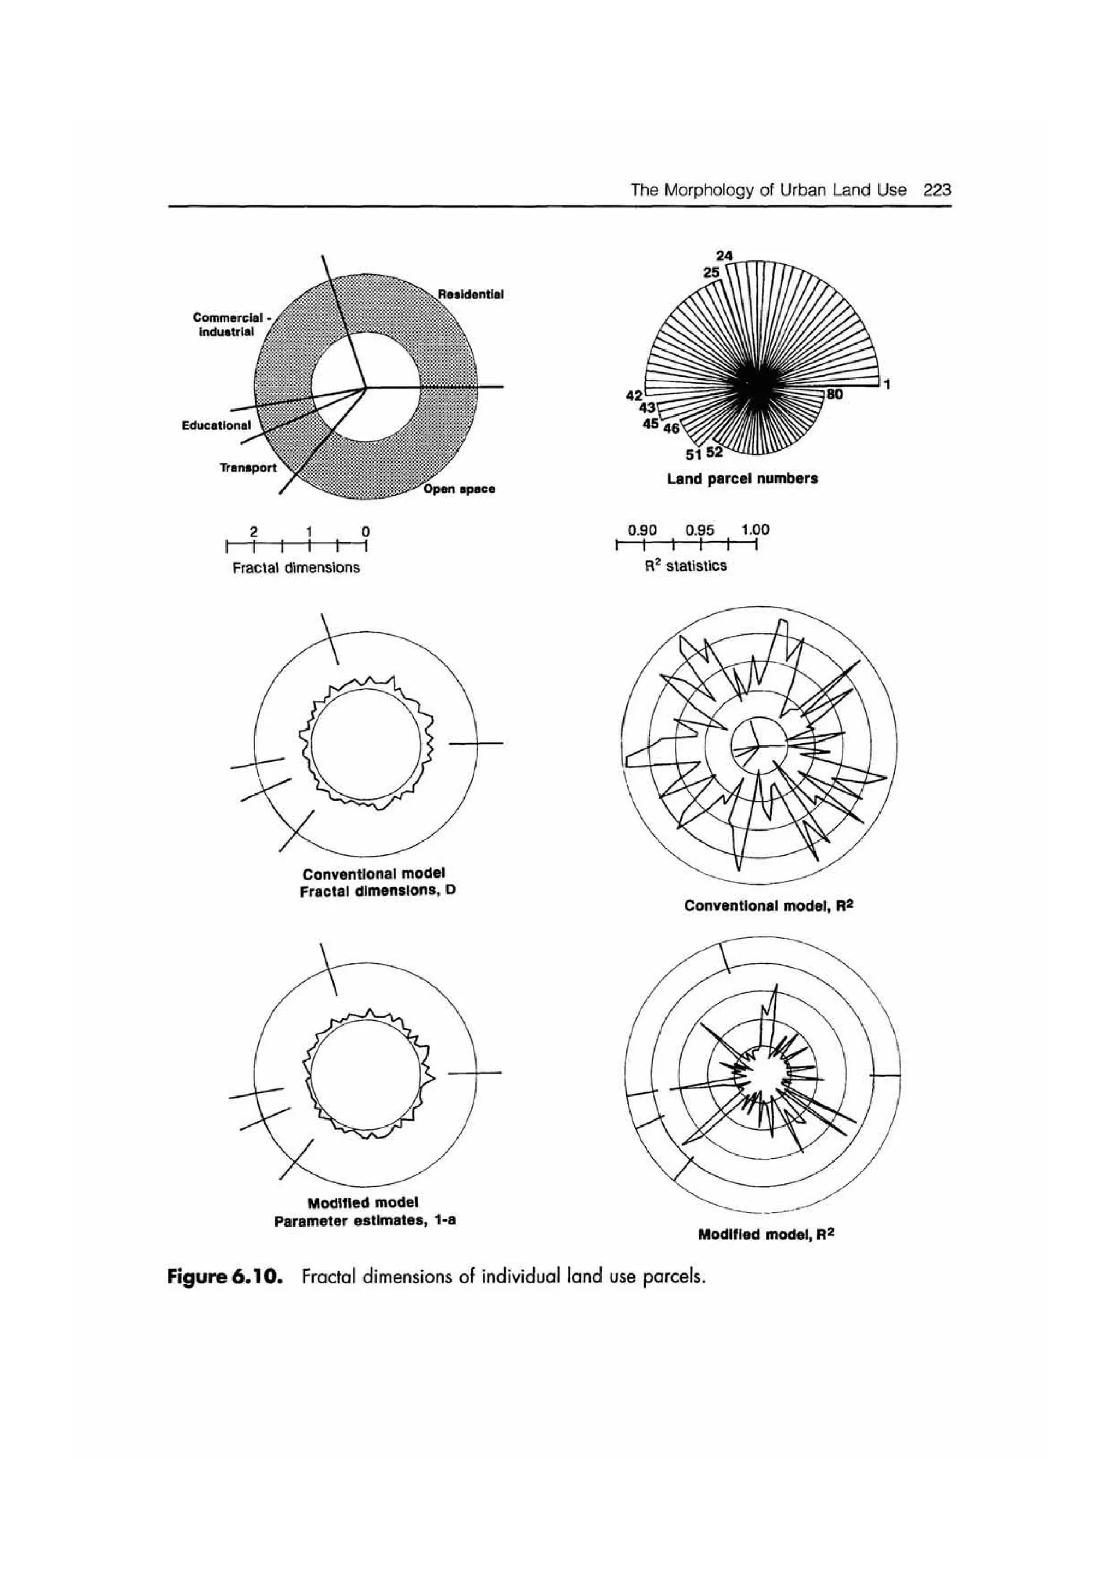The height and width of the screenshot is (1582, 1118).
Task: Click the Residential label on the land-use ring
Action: click(x=471, y=294)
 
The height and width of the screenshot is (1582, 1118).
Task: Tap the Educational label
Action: click(x=216, y=425)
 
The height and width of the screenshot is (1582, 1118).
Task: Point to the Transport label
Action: click(x=248, y=468)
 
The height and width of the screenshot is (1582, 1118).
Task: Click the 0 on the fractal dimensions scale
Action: click(x=366, y=532)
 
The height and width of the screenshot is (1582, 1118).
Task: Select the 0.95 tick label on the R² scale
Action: click(x=699, y=530)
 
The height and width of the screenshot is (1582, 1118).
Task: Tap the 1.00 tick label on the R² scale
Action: click(x=755, y=530)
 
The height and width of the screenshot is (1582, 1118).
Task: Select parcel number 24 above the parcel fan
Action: click(x=724, y=256)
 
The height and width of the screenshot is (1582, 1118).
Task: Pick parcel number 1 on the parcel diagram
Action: click(x=888, y=385)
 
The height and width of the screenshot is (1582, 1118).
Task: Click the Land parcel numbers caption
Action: click(x=742, y=478)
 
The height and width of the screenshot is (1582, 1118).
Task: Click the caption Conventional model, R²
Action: click(x=769, y=905)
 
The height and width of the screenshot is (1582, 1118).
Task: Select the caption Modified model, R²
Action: click(x=766, y=1234)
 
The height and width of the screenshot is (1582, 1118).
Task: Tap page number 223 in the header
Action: click(x=937, y=190)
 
